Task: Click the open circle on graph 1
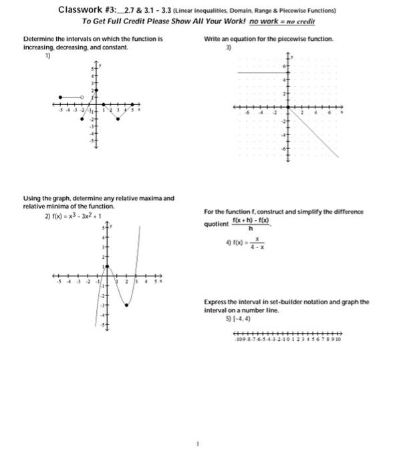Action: (x=82, y=98)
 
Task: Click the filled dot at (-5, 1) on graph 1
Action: (x=61, y=98)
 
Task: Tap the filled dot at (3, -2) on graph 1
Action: (x=118, y=119)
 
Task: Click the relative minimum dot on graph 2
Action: (x=127, y=305)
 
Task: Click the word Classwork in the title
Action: (x=78, y=10)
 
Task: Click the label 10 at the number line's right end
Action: (x=340, y=339)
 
